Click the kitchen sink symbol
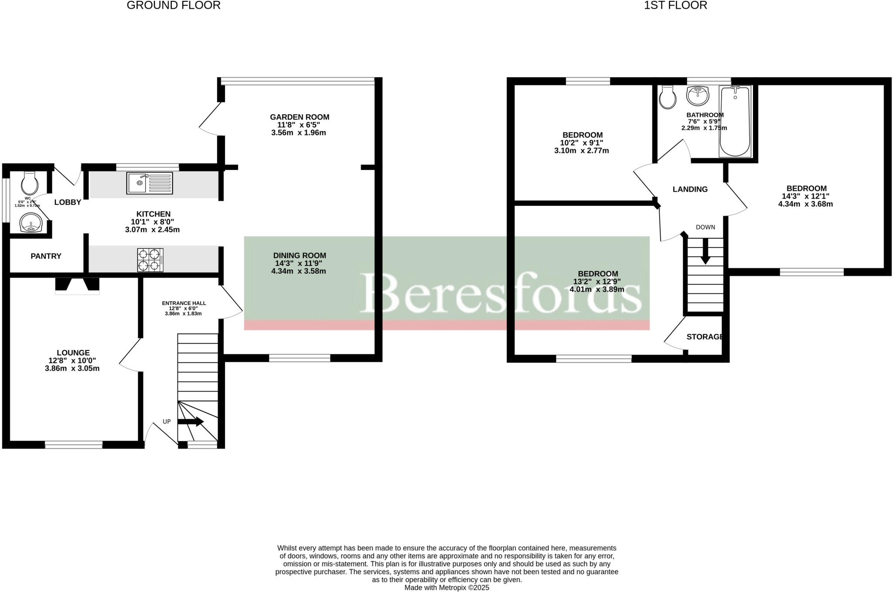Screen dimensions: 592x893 tap(150, 183)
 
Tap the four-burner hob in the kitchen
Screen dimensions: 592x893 tap(150, 260)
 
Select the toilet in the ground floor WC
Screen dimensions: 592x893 tap(30, 184)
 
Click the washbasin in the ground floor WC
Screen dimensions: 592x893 tap(31, 223)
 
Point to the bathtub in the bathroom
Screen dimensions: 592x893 tap(735, 121)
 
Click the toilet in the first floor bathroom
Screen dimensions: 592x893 tap(668, 97)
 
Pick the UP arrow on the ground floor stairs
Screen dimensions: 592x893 tap(191, 422)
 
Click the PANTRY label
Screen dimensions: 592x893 tap(46, 256)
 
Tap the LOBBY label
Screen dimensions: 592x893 tap(68, 202)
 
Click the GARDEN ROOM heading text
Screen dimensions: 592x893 tap(300, 117)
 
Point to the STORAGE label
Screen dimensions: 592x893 tap(705, 337)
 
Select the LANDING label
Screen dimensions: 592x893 tap(690, 189)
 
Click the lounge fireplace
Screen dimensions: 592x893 tap(77, 286)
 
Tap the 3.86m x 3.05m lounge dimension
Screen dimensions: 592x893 tap(72, 368)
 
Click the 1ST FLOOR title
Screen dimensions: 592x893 tap(675, 5)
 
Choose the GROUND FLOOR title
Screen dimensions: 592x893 tap(174, 5)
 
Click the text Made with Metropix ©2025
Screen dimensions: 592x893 tap(446, 588)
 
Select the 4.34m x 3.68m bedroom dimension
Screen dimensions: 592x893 tap(805, 204)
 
